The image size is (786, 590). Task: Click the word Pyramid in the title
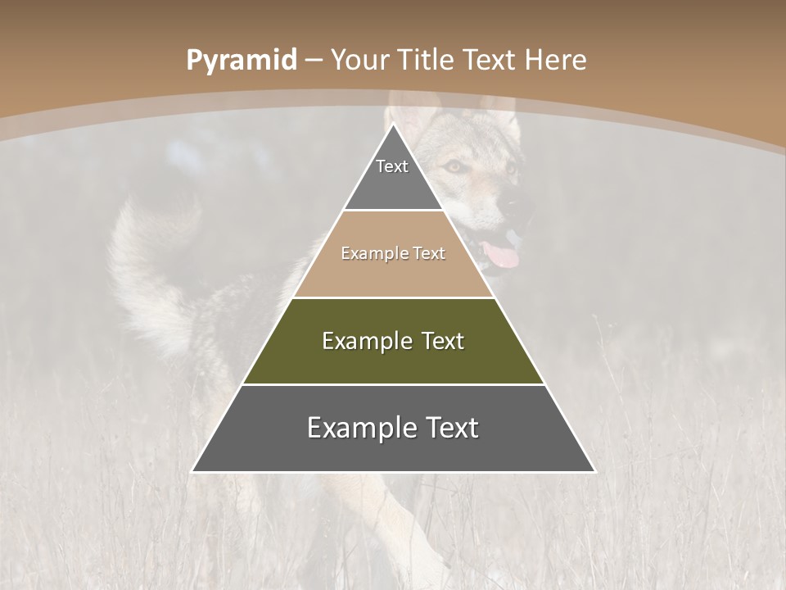(241, 61)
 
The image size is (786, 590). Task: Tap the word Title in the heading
(428, 60)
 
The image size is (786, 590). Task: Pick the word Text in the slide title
(490, 60)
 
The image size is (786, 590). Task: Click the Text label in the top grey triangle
(392, 166)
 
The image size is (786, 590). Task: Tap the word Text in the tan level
(429, 253)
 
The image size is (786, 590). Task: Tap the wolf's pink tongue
(501, 256)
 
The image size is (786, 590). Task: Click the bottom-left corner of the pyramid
(193, 471)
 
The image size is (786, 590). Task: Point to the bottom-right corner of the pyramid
(594, 471)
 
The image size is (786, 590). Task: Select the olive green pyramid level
(393, 361)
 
